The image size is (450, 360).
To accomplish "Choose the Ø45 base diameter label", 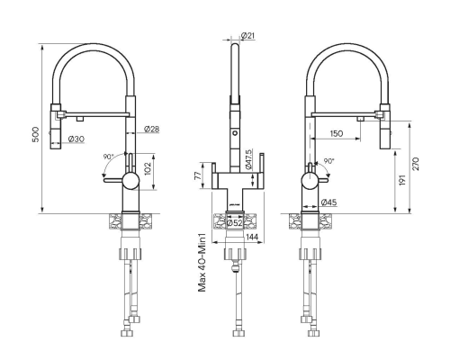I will click(328, 202).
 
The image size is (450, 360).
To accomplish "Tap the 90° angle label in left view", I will click(109, 157).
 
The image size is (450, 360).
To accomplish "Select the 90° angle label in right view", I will click(328, 162).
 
